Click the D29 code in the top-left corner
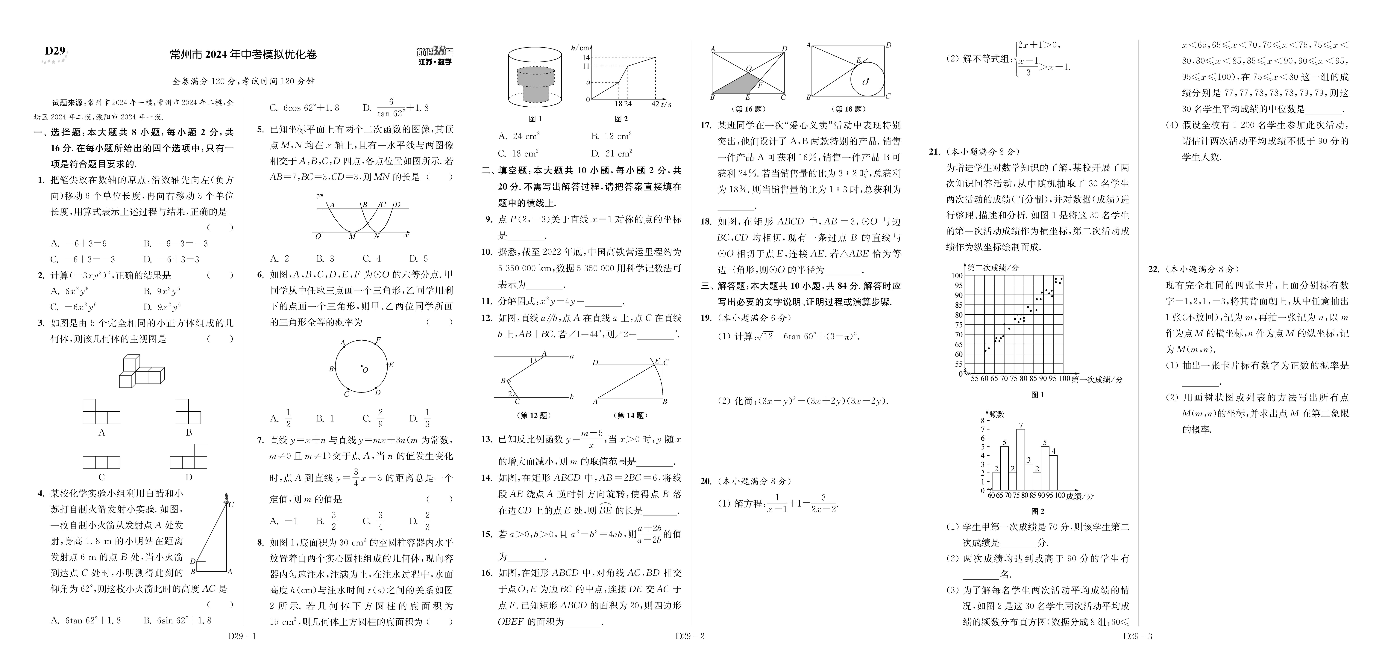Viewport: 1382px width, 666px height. [55, 52]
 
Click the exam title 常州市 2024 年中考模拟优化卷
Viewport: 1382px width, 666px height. [243, 55]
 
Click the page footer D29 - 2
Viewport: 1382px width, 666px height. [689, 636]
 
